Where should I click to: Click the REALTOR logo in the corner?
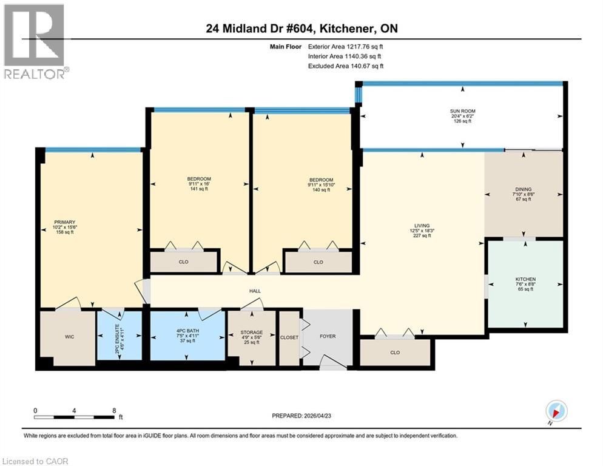35,41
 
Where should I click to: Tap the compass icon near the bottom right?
556,411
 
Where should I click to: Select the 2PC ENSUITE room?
120,336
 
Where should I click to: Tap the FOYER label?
328,336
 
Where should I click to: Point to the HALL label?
255,291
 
